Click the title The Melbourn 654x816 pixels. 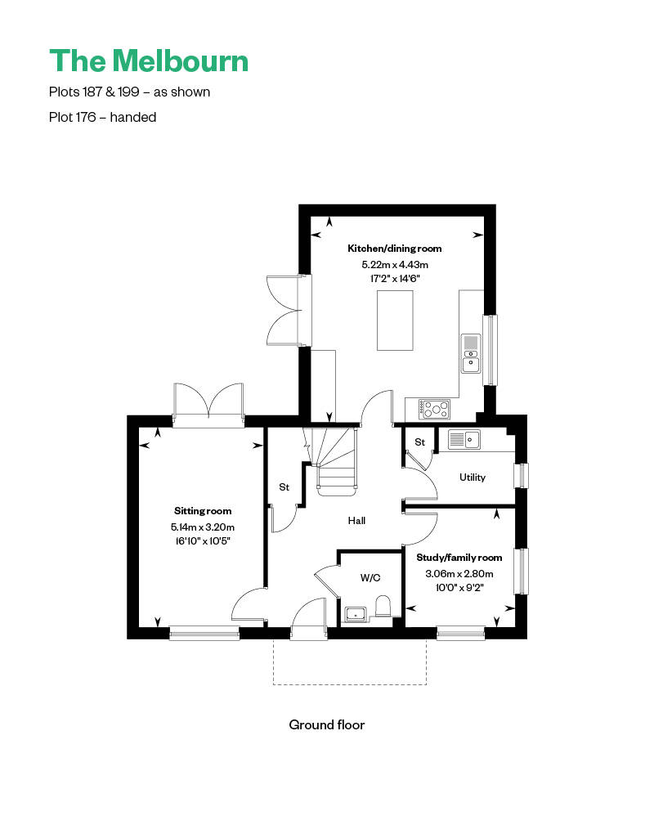[x=149, y=61]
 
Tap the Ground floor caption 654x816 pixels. [x=326, y=724]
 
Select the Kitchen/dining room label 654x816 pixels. [x=395, y=249]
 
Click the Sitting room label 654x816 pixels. [x=202, y=511]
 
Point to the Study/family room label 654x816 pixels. [x=459, y=558]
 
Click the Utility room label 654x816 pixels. [x=473, y=477]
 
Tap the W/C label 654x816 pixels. [x=370, y=577]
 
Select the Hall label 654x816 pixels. [x=356, y=520]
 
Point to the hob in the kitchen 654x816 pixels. [x=434, y=406]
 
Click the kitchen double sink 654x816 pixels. [x=472, y=353]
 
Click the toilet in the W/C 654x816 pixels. [x=383, y=606]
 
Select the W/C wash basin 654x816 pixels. [x=356, y=613]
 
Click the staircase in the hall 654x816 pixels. [x=335, y=462]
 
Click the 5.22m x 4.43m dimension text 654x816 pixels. [x=395, y=265]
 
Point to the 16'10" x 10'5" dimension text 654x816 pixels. [x=202, y=540]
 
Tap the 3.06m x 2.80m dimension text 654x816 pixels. [x=459, y=574]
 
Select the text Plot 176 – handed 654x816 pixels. [x=103, y=117]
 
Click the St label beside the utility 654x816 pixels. [x=419, y=442]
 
